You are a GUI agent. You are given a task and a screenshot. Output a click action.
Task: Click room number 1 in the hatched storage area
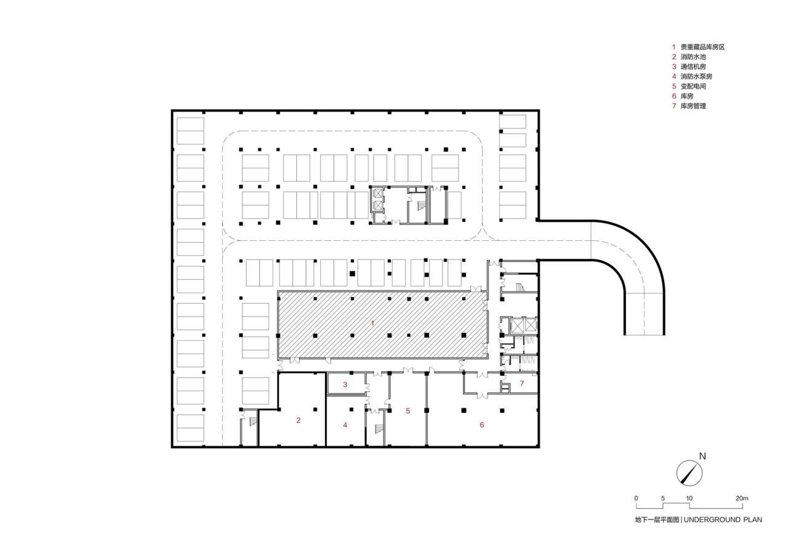coord(372,323)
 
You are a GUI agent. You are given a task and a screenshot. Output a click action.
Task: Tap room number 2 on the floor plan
coord(299,420)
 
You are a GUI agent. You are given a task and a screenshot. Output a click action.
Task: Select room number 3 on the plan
coord(345,384)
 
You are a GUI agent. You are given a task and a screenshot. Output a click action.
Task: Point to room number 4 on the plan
coord(345,425)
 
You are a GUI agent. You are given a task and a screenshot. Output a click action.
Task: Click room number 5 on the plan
coord(408,410)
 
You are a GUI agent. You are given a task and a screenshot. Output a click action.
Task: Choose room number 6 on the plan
coord(482,425)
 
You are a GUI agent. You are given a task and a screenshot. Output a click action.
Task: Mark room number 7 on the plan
coord(521,383)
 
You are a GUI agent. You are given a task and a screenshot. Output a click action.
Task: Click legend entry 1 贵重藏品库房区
coord(698,47)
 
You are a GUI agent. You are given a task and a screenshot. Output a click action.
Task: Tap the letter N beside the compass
coord(702,457)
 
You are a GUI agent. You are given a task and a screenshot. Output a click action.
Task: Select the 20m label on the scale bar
coord(742,498)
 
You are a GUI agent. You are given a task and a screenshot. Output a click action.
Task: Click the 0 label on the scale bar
coord(637,498)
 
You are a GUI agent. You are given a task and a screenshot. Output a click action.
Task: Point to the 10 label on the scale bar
coord(689,498)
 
